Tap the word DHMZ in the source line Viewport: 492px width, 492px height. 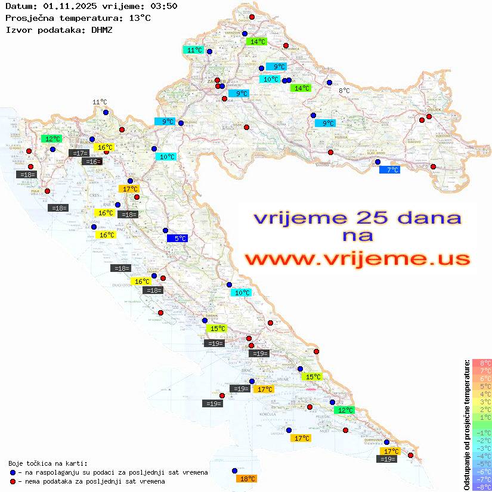(106, 29)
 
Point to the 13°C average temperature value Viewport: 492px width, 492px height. (140, 18)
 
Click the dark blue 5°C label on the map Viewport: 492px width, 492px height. (177, 238)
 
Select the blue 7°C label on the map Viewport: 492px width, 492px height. (389, 170)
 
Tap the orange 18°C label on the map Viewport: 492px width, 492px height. (246, 478)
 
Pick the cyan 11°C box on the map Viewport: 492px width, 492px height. (193, 50)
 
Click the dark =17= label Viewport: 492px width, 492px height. (79, 153)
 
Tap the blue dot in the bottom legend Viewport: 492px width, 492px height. (13, 472)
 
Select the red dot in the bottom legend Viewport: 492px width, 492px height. (13, 481)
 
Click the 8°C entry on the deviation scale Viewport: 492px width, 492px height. (482, 363)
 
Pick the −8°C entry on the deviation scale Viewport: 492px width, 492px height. (482, 487)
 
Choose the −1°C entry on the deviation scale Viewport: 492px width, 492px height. (482, 433)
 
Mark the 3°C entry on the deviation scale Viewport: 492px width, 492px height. (482, 402)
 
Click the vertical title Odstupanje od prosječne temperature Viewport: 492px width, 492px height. (466, 425)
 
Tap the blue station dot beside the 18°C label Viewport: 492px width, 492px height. (234, 471)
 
